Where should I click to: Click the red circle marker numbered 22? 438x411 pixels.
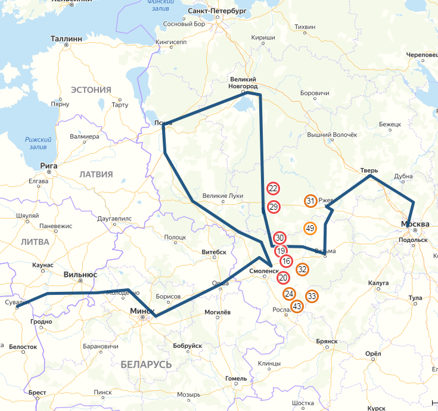[x=273, y=189]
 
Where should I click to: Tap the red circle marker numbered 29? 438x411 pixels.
[x=274, y=207]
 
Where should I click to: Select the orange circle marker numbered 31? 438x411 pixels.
[x=310, y=201]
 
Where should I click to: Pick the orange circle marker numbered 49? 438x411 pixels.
[x=310, y=228]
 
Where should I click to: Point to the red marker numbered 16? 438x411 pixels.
[x=287, y=261]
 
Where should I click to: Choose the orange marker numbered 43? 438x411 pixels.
[x=297, y=306]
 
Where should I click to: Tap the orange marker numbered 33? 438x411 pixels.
[x=312, y=296]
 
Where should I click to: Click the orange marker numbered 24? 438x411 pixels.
[x=290, y=294]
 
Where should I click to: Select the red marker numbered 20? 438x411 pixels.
[x=283, y=277]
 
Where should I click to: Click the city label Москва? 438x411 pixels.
[x=415, y=224]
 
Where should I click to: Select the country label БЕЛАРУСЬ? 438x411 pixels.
[x=146, y=364]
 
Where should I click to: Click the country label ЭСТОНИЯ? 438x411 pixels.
[x=91, y=90]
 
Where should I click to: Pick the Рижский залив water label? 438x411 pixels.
[x=39, y=143]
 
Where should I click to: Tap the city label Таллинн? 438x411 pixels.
[x=66, y=38]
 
